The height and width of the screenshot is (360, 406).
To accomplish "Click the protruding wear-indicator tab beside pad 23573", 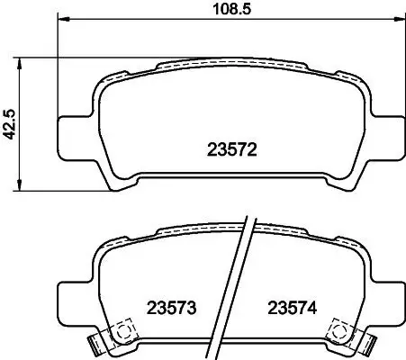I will coord(95,343).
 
